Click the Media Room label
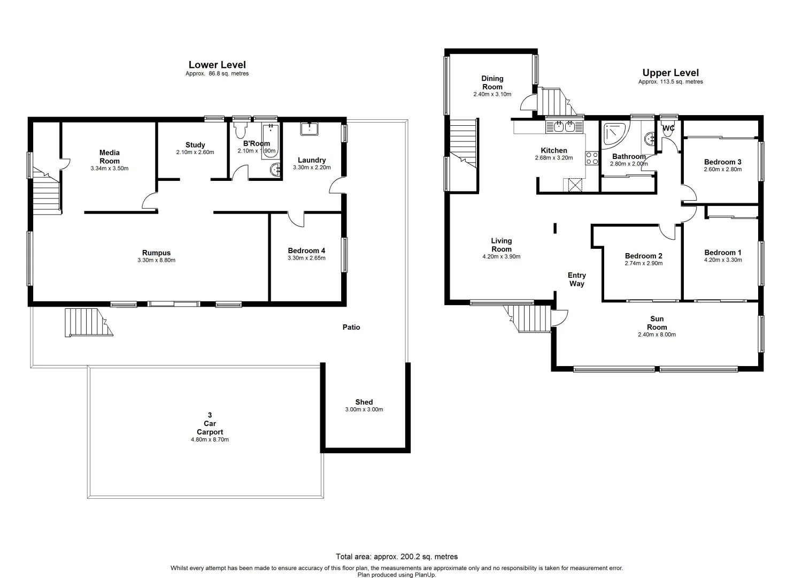[110, 157]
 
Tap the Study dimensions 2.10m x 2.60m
[195, 153]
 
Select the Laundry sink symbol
[309, 129]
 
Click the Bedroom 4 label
[306, 250]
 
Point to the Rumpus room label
[156, 253]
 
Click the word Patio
[351, 327]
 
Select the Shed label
[364, 402]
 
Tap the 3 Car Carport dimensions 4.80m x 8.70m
[210, 439]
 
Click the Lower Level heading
[217, 65]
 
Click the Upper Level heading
[670, 73]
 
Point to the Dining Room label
[492, 82]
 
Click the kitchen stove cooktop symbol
[592, 158]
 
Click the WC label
[668, 128]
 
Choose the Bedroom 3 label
[722, 162]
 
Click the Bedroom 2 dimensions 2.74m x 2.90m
[643, 263]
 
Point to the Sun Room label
[657, 323]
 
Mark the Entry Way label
[576, 279]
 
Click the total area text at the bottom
[397, 557]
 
